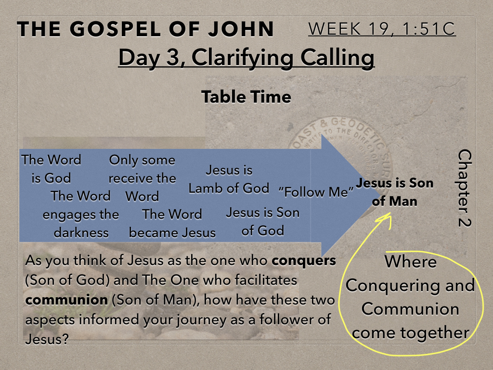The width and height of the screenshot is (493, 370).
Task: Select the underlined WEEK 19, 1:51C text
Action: click(x=382, y=29)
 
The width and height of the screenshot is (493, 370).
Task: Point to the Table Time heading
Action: click(x=246, y=96)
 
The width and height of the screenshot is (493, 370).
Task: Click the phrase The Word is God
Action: click(x=51, y=169)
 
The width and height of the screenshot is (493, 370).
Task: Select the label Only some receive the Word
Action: click(x=142, y=178)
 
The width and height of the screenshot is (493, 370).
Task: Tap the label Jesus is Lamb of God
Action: click(x=229, y=179)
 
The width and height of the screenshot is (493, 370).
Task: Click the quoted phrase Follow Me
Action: click(x=316, y=192)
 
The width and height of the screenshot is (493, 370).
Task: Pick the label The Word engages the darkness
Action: click(x=81, y=214)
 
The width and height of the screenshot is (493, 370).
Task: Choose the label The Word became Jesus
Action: click(x=172, y=224)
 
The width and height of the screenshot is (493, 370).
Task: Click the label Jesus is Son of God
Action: click(x=262, y=222)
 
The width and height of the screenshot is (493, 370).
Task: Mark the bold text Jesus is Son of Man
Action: click(x=395, y=192)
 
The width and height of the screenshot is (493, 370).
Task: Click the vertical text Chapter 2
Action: click(x=465, y=188)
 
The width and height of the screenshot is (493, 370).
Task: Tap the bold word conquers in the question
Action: click(x=304, y=261)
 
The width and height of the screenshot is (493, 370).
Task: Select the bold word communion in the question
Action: click(x=66, y=300)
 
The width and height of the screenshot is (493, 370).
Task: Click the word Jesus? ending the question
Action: click(x=47, y=339)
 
